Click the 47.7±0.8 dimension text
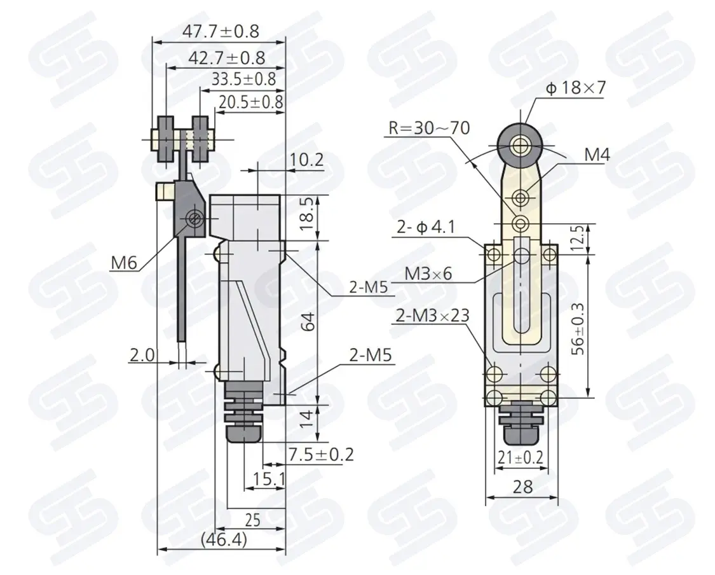(x=221, y=32)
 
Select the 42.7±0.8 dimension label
(x=227, y=58)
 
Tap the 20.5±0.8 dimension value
(x=251, y=102)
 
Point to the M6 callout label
(x=124, y=263)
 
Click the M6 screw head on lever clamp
(x=194, y=219)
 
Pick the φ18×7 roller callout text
(x=575, y=88)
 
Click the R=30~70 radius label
(x=429, y=128)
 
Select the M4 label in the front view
(x=597, y=155)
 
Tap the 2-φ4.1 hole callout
(x=426, y=227)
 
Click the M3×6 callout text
(x=428, y=274)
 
